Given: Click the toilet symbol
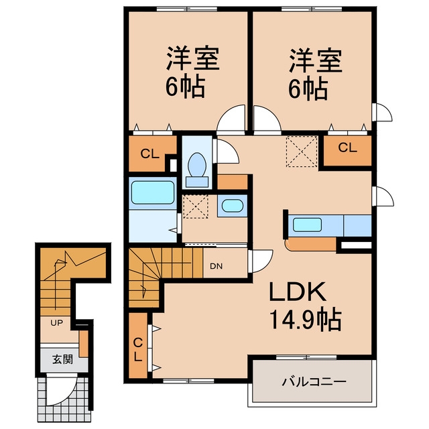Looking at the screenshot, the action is (x=196, y=170).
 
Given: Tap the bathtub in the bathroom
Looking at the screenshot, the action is (x=153, y=192).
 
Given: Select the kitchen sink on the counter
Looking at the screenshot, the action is (x=307, y=225).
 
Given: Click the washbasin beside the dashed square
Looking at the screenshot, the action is (x=233, y=206).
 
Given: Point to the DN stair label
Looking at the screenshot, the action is (x=217, y=266).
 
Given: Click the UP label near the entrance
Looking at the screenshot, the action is (x=56, y=323).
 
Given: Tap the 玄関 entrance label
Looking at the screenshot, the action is (x=63, y=359).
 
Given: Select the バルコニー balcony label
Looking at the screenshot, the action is (x=314, y=381).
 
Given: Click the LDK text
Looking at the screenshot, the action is (x=298, y=292).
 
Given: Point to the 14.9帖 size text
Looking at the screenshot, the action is (x=306, y=320).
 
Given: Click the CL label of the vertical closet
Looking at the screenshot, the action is (x=138, y=350).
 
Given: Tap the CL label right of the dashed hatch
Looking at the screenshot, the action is (x=347, y=148).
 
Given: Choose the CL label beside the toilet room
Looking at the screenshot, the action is (x=150, y=154).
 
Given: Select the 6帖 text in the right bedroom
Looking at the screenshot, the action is (x=308, y=88).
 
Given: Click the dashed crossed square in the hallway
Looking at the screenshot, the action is (x=302, y=151).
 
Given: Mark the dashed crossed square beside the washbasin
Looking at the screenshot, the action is (x=196, y=206).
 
